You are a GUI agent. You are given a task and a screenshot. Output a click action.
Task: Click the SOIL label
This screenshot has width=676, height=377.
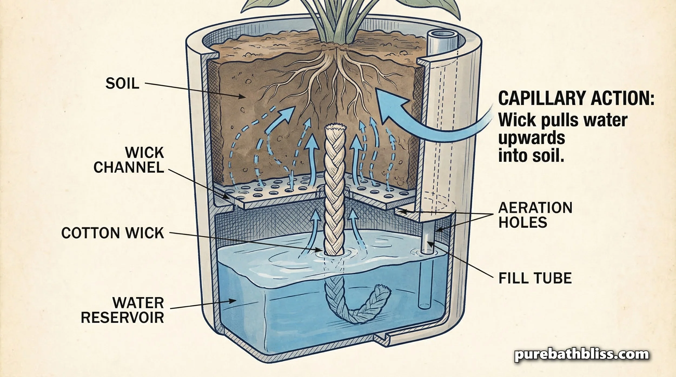point(122,84)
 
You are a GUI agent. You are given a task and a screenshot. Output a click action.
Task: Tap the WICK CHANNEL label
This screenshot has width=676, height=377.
point(129,160)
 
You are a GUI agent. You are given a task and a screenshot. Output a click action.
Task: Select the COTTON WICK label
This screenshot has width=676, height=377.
point(113,233)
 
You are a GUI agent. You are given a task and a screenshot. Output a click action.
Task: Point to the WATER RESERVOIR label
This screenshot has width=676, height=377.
point(122,310)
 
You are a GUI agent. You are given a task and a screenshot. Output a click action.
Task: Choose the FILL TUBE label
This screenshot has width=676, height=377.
point(535,278)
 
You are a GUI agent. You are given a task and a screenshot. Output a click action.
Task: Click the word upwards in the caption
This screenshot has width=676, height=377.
point(532,138)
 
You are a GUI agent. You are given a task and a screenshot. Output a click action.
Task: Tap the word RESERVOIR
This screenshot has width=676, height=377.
point(122,318)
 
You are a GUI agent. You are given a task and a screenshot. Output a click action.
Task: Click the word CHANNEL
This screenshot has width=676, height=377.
point(129,168)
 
